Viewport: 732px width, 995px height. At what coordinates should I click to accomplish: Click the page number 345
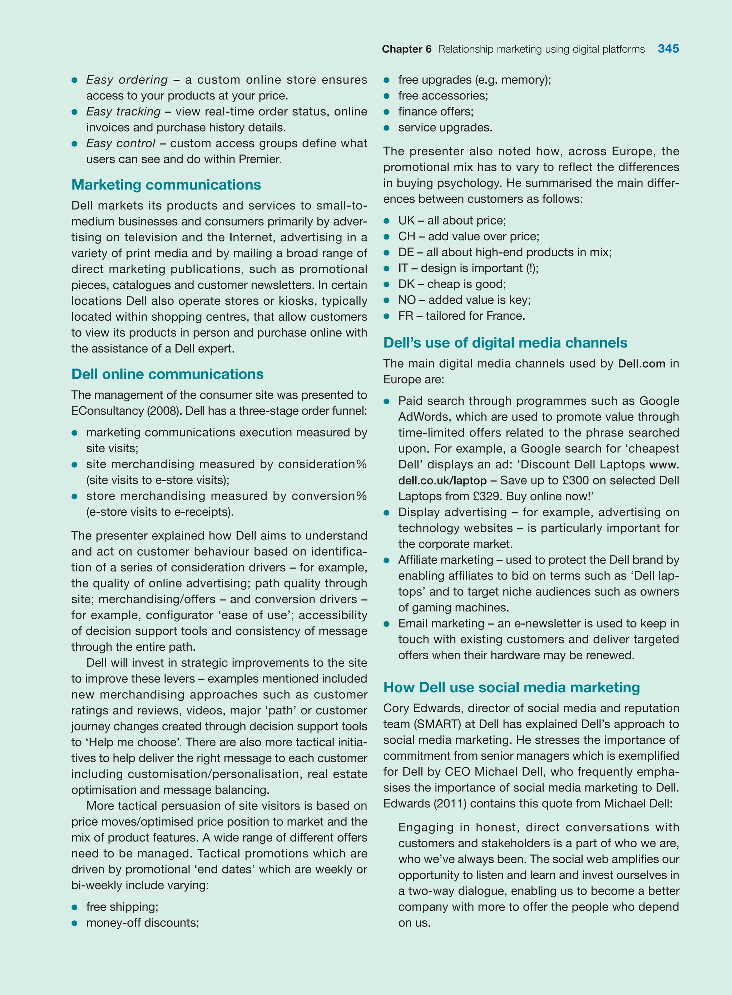click(668, 49)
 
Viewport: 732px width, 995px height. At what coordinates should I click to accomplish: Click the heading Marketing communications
click(166, 184)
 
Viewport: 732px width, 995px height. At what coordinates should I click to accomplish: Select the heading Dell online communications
click(168, 374)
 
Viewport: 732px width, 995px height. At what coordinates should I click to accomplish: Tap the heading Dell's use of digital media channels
click(505, 342)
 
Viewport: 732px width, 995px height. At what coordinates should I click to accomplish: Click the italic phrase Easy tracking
click(123, 111)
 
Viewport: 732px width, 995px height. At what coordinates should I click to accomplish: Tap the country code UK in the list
click(406, 220)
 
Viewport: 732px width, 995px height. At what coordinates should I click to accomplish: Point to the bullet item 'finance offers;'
click(436, 111)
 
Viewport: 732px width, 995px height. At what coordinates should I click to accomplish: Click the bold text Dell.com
click(641, 364)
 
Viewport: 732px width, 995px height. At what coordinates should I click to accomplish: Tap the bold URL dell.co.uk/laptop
click(442, 480)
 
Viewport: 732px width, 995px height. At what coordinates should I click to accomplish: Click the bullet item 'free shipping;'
click(122, 906)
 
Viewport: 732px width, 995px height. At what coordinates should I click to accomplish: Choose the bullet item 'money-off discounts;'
click(142, 922)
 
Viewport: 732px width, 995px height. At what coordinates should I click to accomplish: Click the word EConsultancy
click(107, 410)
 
